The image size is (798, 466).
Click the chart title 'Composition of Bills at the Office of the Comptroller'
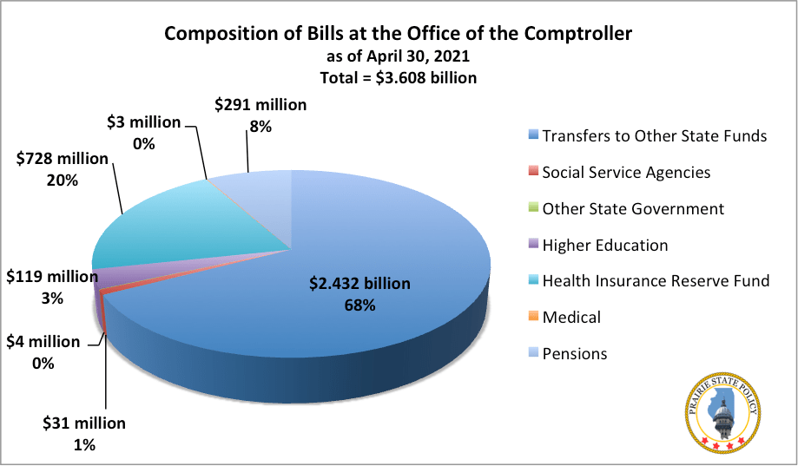[x=399, y=34]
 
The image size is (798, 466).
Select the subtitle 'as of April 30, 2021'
[x=399, y=56]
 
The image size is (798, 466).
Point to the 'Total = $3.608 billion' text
[x=399, y=77]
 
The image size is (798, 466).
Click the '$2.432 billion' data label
[x=359, y=284]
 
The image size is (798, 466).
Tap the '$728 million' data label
[x=63, y=160]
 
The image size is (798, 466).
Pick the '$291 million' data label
[x=261, y=105]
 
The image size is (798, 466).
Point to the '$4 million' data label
[x=43, y=342]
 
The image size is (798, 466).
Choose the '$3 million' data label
[x=143, y=122]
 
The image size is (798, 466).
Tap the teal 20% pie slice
[x=165, y=226]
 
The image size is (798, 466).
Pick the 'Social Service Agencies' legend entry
[x=625, y=172]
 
